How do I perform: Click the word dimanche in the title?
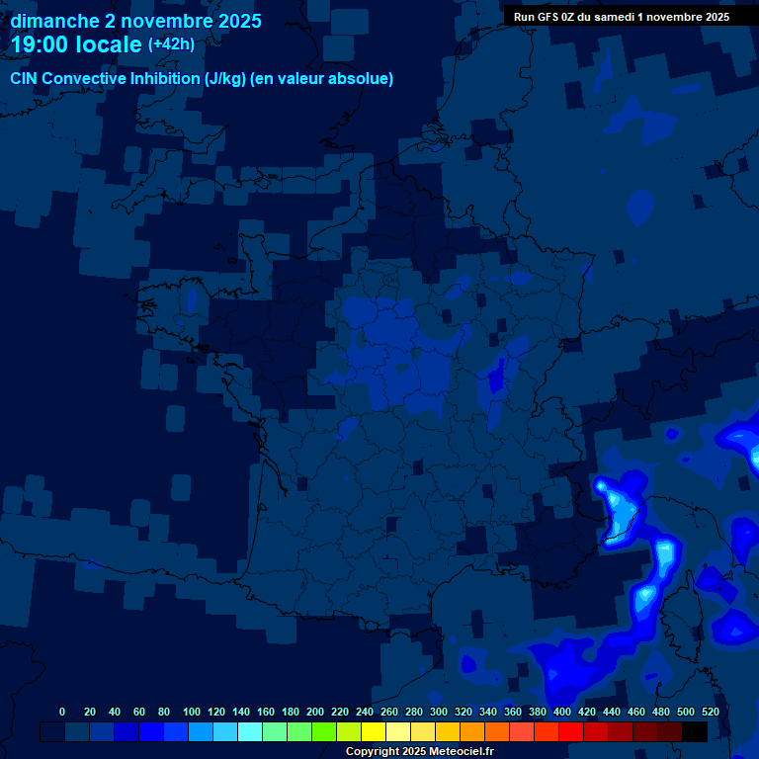(x=54, y=21)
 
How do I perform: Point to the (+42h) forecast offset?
(x=171, y=44)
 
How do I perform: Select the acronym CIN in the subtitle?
(x=26, y=79)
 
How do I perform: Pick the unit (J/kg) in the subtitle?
(x=225, y=79)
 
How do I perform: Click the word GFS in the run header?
(x=548, y=17)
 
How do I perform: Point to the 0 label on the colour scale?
(x=62, y=712)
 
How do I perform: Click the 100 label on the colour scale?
(x=192, y=712)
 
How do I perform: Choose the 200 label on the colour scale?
(x=315, y=712)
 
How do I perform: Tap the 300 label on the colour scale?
(x=439, y=712)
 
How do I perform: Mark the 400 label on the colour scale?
(x=562, y=712)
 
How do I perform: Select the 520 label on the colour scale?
(x=710, y=712)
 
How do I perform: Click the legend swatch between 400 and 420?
(x=570, y=732)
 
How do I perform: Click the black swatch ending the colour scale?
(x=695, y=732)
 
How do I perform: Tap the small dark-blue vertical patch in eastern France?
(x=498, y=375)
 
